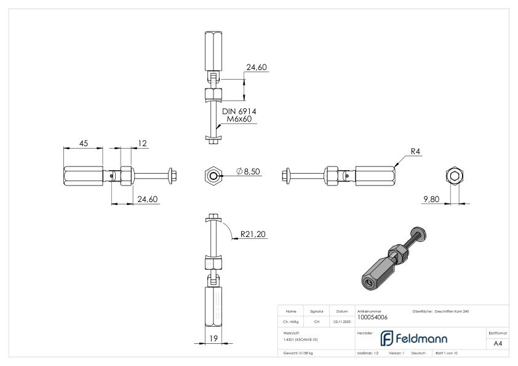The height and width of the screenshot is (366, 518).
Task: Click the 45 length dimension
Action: [x=84, y=143]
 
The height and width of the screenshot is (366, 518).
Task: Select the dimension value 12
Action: [x=143, y=143]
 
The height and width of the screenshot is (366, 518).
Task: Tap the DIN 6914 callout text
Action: [x=239, y=111]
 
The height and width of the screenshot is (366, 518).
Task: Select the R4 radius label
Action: [x=416, y=151]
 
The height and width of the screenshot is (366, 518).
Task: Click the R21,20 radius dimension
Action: [x=253, y=233]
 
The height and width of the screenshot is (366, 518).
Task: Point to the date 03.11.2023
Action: [x=341, y=320]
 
